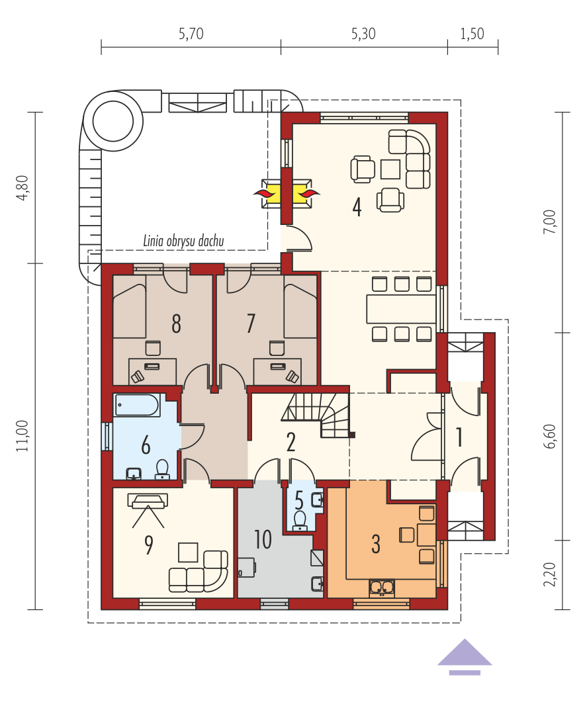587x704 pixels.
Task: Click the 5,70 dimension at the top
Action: [x=191, y=34]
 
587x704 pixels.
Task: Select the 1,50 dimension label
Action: [x=472, y=34]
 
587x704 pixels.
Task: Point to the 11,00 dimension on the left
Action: [x=23, y=435]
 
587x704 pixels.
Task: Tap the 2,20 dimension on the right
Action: [x=549, y=574]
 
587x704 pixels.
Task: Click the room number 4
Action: [x=357, y=208]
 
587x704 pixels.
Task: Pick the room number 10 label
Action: [x=263, y=539]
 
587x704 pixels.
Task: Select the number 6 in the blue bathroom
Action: [x=146, y=446]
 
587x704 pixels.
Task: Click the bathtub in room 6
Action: [x=137, y=405]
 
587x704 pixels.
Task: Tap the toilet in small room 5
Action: [x=299, y=521]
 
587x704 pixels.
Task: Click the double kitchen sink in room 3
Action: [x=382, y=588]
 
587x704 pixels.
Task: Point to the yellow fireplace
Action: [x=287, y=193]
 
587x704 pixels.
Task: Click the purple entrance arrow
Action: [x=465, y=656]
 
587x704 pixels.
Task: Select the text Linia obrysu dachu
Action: [x=183, y=241]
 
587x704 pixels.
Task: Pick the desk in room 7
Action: [x=277, y=371]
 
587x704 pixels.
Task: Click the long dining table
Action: [x=402, y=309]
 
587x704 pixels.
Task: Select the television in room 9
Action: [x=148, y=501]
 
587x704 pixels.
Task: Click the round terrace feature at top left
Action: [x=113, y=121]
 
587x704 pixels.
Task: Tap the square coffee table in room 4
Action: [x=390, y=169]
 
